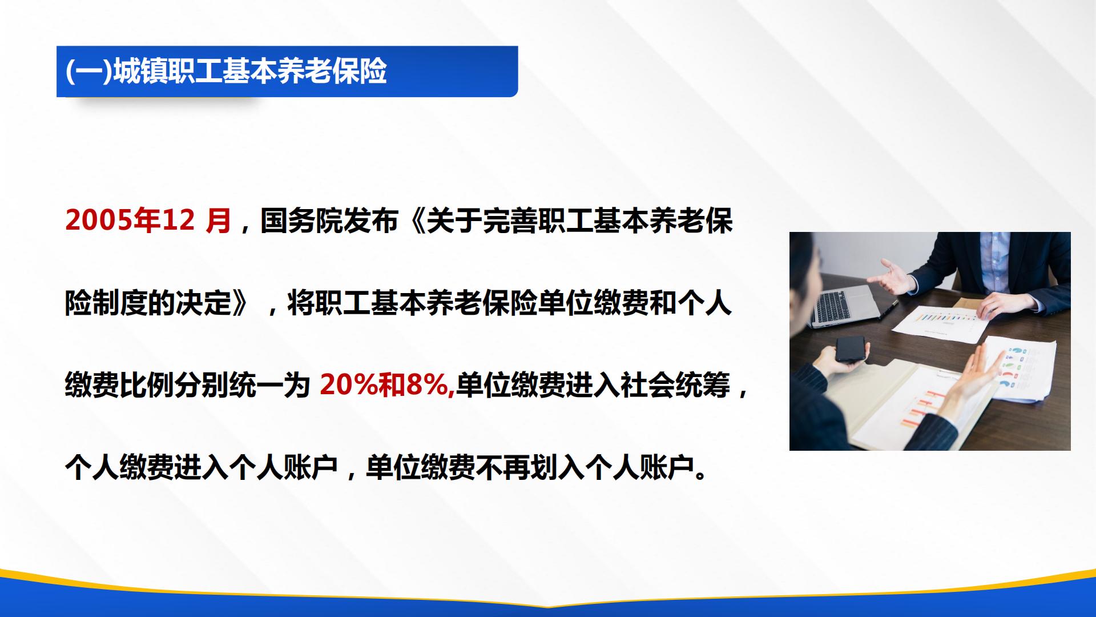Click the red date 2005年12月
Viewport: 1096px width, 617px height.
[x=148, y=221]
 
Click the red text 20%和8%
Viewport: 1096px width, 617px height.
[x=387, y=385]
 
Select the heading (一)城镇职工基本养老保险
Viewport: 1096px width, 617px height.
[x=226, y=72]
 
